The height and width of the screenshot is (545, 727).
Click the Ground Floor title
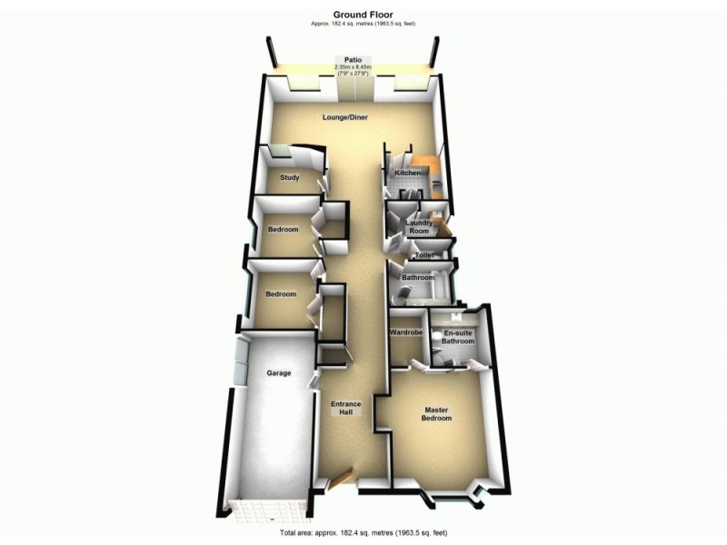point(362,14)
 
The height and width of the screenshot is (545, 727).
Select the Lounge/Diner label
point(344,117)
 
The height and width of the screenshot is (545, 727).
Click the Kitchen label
point(406,173)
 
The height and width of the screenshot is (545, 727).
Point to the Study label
point(290,178)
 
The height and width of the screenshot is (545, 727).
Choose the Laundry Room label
point(418,227)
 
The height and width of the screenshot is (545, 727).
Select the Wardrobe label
point(406,333)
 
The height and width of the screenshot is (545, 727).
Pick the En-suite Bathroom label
point(459,338)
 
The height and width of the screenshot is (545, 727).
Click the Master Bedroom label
point(436,414)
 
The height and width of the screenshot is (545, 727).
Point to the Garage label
point(278,373)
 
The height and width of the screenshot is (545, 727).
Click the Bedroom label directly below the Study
point(283,229)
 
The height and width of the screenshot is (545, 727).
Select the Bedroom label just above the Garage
point(281,294)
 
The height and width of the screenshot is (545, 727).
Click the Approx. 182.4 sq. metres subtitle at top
point(362,24)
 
